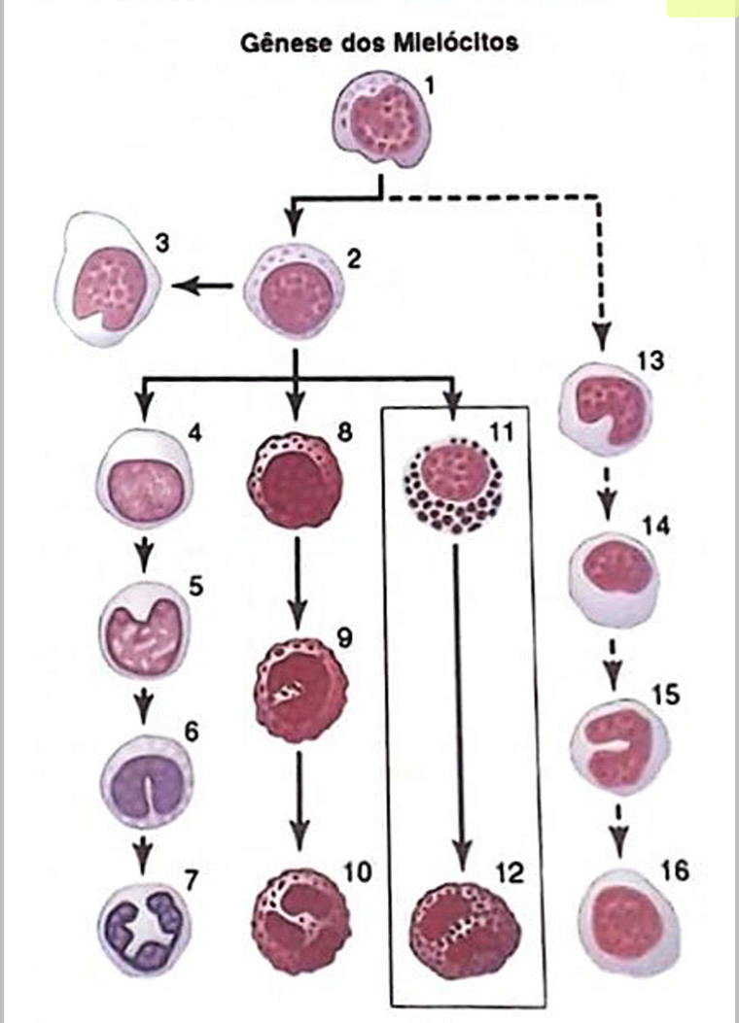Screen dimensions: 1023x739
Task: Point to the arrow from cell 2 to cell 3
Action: [x=202, y=287]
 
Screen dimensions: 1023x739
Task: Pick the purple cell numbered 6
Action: [x=147, y=774]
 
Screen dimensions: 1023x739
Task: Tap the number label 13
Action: [x=651, y=362]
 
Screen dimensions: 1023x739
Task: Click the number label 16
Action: [x=675, y=871]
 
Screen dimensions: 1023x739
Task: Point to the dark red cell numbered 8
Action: [x=298, y=482]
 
